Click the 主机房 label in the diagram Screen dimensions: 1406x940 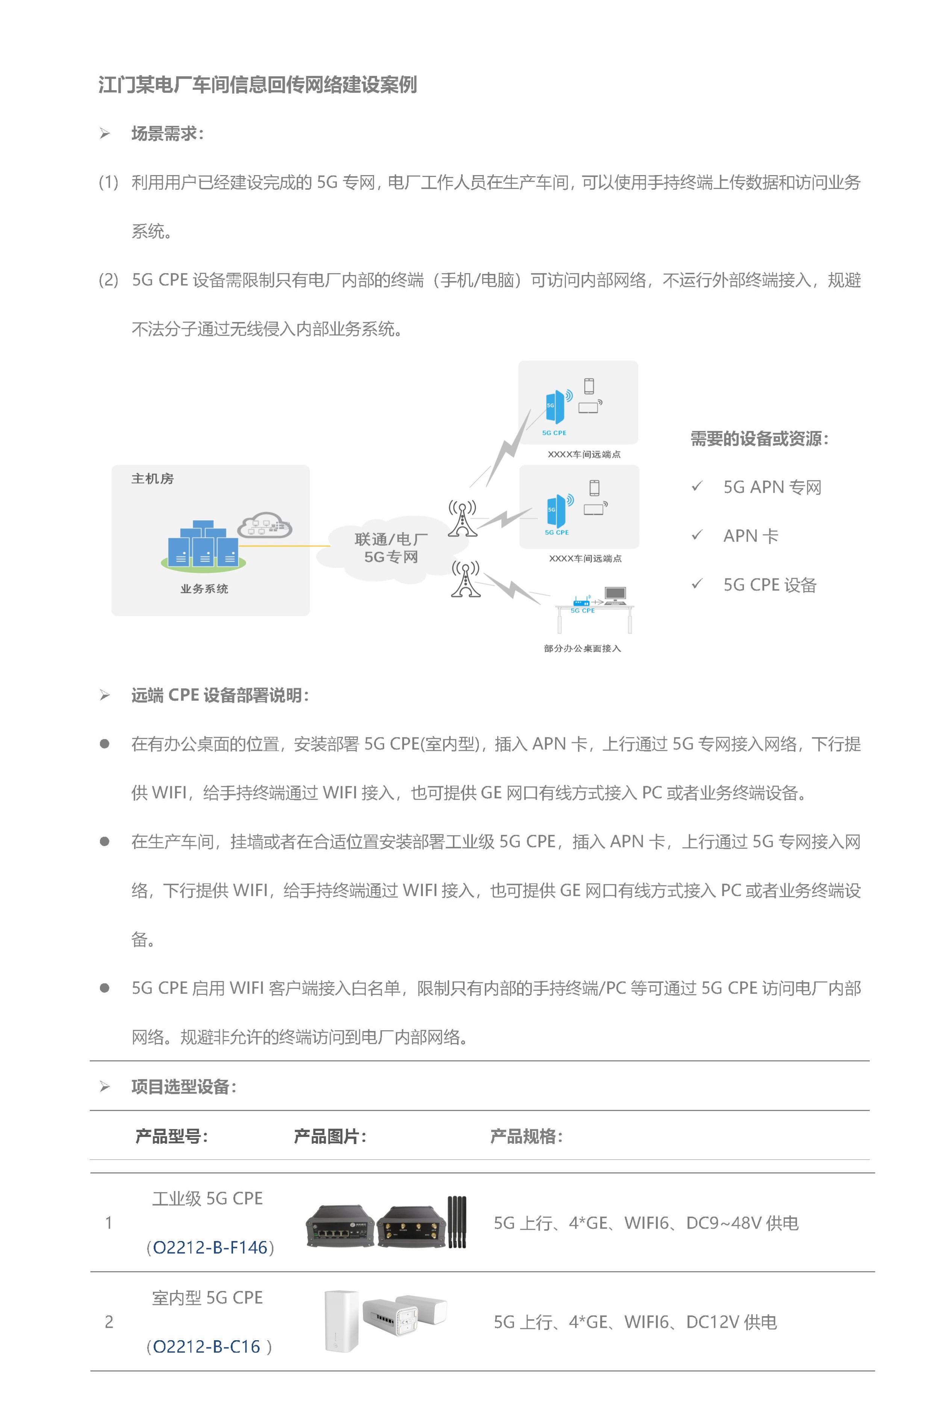point(152,478)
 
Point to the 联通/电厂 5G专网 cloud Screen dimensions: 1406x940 point(390,548)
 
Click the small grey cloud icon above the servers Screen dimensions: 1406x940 point(264,525)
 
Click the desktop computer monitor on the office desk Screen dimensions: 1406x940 point(615,594)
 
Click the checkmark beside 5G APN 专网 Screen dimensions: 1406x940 point(696,487)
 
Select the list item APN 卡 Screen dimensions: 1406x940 point(751,536)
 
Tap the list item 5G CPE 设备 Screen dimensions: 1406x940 point(770,585)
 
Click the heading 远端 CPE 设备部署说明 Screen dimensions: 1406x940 point(219,695)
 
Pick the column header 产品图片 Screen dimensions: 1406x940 point(330,1136)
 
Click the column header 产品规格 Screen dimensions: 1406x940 point(526,1136)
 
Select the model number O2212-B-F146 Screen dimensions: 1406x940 point(210,1247)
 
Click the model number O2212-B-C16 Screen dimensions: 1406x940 point(206,1347)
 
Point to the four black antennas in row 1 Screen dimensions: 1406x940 point(457,1221)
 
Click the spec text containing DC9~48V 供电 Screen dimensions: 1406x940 point(646,1223)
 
